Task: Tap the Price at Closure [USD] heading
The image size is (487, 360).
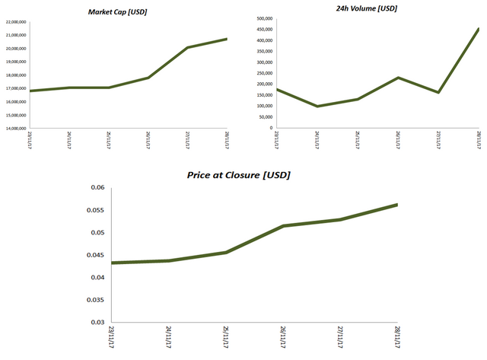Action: [238, 175]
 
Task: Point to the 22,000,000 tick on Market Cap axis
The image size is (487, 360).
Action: [15, 23]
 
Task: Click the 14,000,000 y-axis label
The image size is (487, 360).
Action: [15, 128]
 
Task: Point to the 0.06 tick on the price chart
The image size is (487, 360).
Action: [97, 187]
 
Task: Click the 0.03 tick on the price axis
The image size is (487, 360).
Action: [97, 322]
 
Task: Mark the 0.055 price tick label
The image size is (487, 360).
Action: [95, 210]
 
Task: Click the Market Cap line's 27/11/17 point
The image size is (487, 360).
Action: [187, 47]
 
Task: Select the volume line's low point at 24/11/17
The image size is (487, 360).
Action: [317, 106]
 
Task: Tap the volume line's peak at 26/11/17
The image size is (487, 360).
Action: [397, 78]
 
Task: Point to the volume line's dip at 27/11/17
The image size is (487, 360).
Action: [438, 92]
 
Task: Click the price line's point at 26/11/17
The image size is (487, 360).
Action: [282, 226]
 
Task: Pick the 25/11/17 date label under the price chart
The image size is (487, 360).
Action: [225, 338]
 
